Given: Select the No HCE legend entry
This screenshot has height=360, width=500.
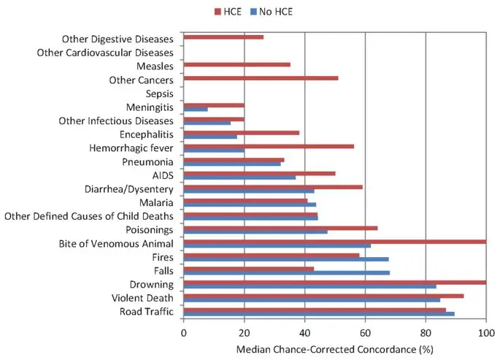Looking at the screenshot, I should (x=272, y=11).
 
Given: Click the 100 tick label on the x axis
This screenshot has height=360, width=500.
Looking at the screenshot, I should (x=485, y=332).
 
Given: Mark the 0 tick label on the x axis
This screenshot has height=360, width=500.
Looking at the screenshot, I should (x=184, y=332).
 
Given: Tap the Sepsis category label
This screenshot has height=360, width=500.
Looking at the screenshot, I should (x=159, y=93).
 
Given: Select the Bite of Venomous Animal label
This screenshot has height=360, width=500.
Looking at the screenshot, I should (x=116, y=243).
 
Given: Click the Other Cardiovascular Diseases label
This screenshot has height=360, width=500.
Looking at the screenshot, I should (x=104, y=53).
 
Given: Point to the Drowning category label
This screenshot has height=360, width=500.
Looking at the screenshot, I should (x=151, y=284).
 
